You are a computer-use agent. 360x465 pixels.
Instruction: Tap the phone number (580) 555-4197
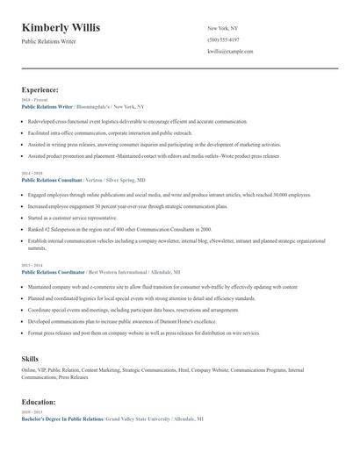(x=222, y=39)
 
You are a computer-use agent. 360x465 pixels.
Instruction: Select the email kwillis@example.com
(x=230, y=52)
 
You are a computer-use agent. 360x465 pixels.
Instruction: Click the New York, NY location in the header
(x=222, y=27)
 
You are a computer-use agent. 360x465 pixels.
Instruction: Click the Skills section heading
(x=30, y=359)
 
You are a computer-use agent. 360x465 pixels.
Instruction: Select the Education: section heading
(x=39, y=401)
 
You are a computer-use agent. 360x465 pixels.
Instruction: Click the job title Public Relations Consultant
(x=52, y=180)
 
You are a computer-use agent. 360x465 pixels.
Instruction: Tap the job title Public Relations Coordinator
(x=52, y=273)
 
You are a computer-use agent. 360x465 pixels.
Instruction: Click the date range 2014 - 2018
(x=31, y=174)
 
